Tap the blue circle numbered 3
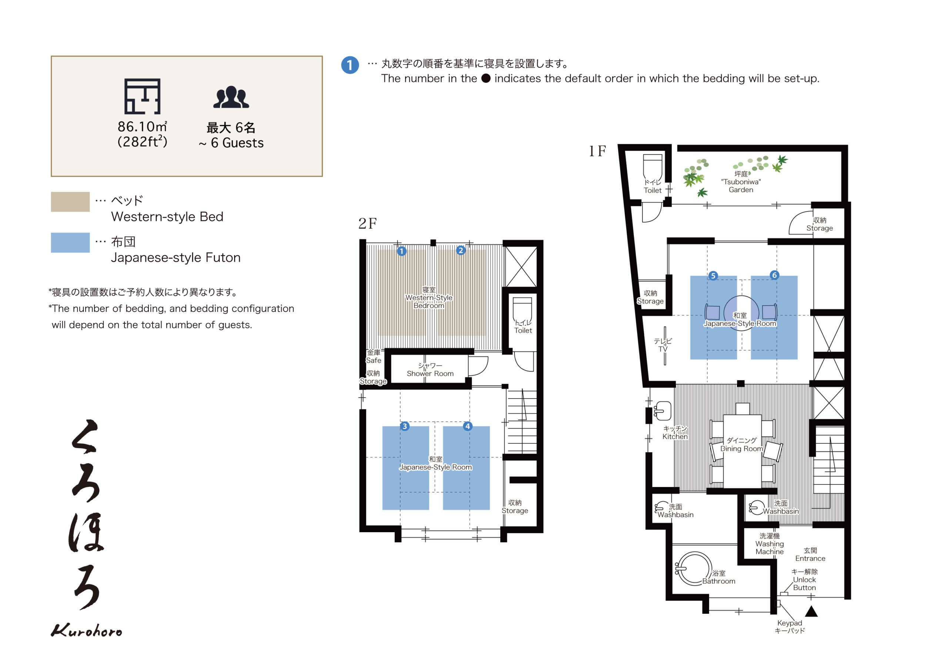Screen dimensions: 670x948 point(405,426)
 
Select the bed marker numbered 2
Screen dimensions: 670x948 point(461,250)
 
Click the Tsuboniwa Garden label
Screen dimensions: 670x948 point(741,182)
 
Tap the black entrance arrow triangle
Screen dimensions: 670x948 point(811,611)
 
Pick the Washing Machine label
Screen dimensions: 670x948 point(769,544)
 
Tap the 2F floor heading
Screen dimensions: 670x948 point(367,223)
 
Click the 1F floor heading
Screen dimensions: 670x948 point(597,151)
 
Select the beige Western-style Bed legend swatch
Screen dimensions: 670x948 point(70,201)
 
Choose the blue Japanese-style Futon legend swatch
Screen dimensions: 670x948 point(70,243)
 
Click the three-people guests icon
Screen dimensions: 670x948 point(231,97)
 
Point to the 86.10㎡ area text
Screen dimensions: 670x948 point(142,127)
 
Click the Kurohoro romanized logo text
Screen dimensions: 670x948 point(86,630)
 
